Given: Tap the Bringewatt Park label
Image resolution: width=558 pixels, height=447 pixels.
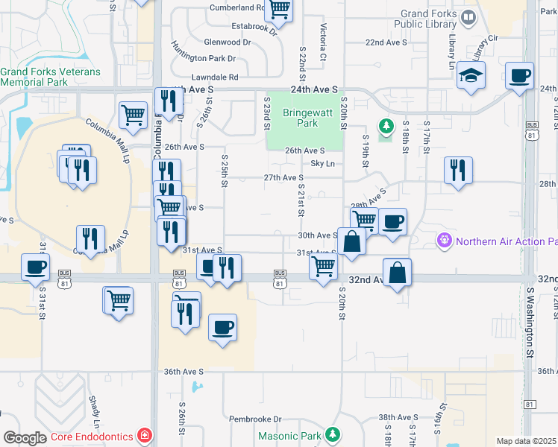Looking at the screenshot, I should point(301,118).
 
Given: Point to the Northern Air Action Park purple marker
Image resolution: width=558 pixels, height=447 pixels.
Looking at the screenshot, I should point(444,241).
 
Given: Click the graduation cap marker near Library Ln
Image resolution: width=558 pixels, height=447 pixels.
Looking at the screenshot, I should point(471,76).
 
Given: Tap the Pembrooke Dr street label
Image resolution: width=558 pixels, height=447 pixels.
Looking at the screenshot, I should point(255,419).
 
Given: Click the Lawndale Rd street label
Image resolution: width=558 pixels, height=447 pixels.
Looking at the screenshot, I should point(214,77).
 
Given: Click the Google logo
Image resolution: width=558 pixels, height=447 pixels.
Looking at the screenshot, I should point(25,437).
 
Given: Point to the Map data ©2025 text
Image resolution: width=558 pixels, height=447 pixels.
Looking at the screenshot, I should point(527,441).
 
